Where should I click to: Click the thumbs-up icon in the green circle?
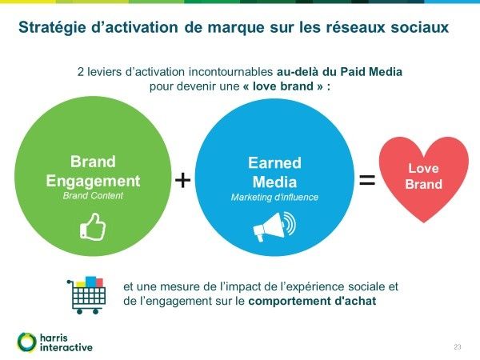coord(93,227)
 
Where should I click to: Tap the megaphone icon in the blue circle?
coord(274,226)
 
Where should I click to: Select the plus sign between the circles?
coord(182,180)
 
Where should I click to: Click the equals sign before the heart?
coord(367,180)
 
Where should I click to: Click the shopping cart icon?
coord(86,295)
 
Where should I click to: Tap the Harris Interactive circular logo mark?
coord(27,342)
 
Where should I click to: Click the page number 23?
coord(458,347)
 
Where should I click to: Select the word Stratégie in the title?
coord(52,27)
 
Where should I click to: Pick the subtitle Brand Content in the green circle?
coord(93,196)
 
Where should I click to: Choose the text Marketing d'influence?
coord(274,197)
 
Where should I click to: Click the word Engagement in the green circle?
coord(93,182)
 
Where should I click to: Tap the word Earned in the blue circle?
coord(274,163)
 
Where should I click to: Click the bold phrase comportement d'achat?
coord(312,302)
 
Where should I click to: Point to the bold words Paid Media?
coord(371,72)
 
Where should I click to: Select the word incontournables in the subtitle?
coord(230,72)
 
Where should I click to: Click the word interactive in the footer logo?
coord(66,348)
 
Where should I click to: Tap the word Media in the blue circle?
coord(274,182)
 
